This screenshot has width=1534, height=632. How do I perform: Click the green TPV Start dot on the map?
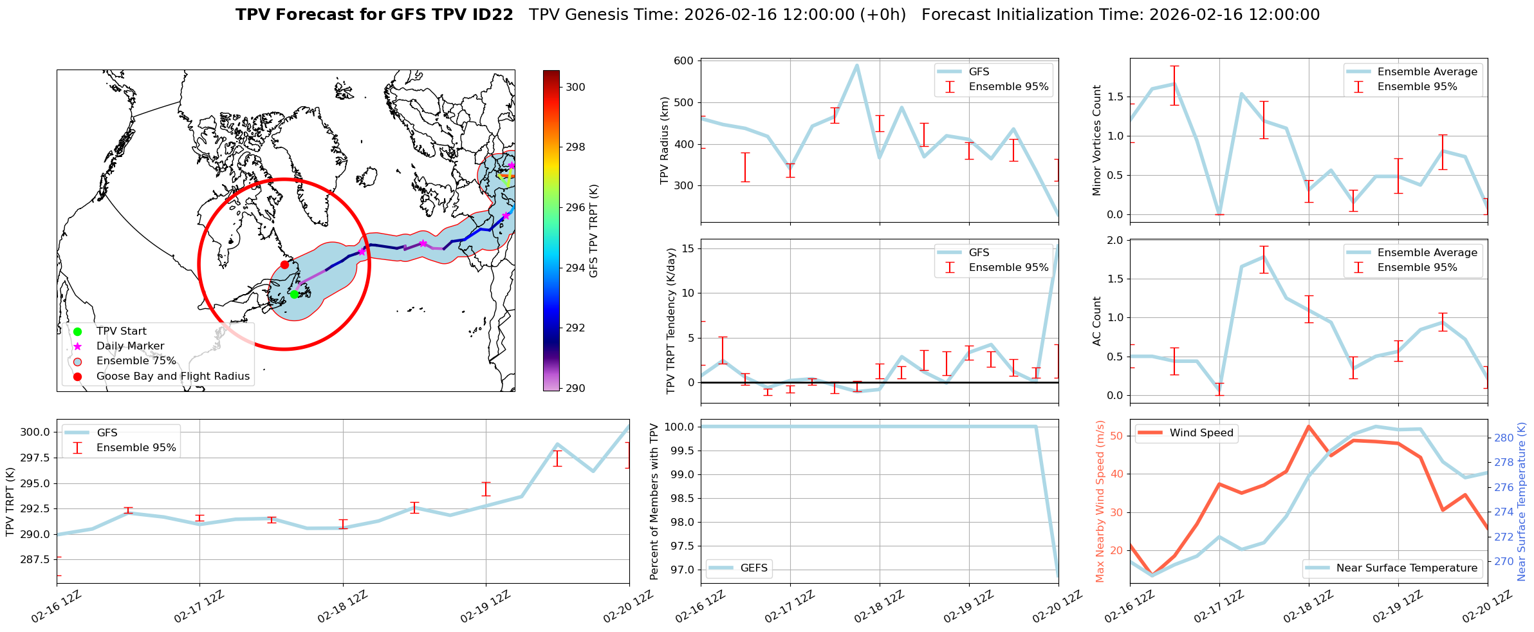coord(294,294)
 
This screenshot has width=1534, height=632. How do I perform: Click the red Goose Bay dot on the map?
coord(284,265)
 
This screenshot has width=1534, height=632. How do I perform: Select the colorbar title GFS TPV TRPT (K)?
coord(594,231)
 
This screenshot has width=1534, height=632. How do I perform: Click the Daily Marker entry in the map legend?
coord(130,346)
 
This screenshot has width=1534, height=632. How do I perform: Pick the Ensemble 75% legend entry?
coord(136,361)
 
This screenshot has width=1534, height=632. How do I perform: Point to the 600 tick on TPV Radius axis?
coord(683,61)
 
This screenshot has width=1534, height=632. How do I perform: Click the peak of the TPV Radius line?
coord(856,65)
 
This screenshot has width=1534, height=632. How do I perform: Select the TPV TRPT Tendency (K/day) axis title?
coord(671,321)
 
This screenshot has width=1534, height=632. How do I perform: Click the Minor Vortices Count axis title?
coord(1097,140)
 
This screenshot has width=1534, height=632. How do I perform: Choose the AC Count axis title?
coord(1097,321)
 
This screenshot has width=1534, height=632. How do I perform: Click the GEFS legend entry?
coord(753,568)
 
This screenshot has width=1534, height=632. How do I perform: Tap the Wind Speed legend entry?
coord(1201,433)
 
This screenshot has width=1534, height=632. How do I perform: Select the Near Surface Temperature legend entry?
coord(1407,568)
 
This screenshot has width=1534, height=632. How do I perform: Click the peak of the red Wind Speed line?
coord(1309,426)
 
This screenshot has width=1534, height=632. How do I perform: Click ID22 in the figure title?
coord(493,15)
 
